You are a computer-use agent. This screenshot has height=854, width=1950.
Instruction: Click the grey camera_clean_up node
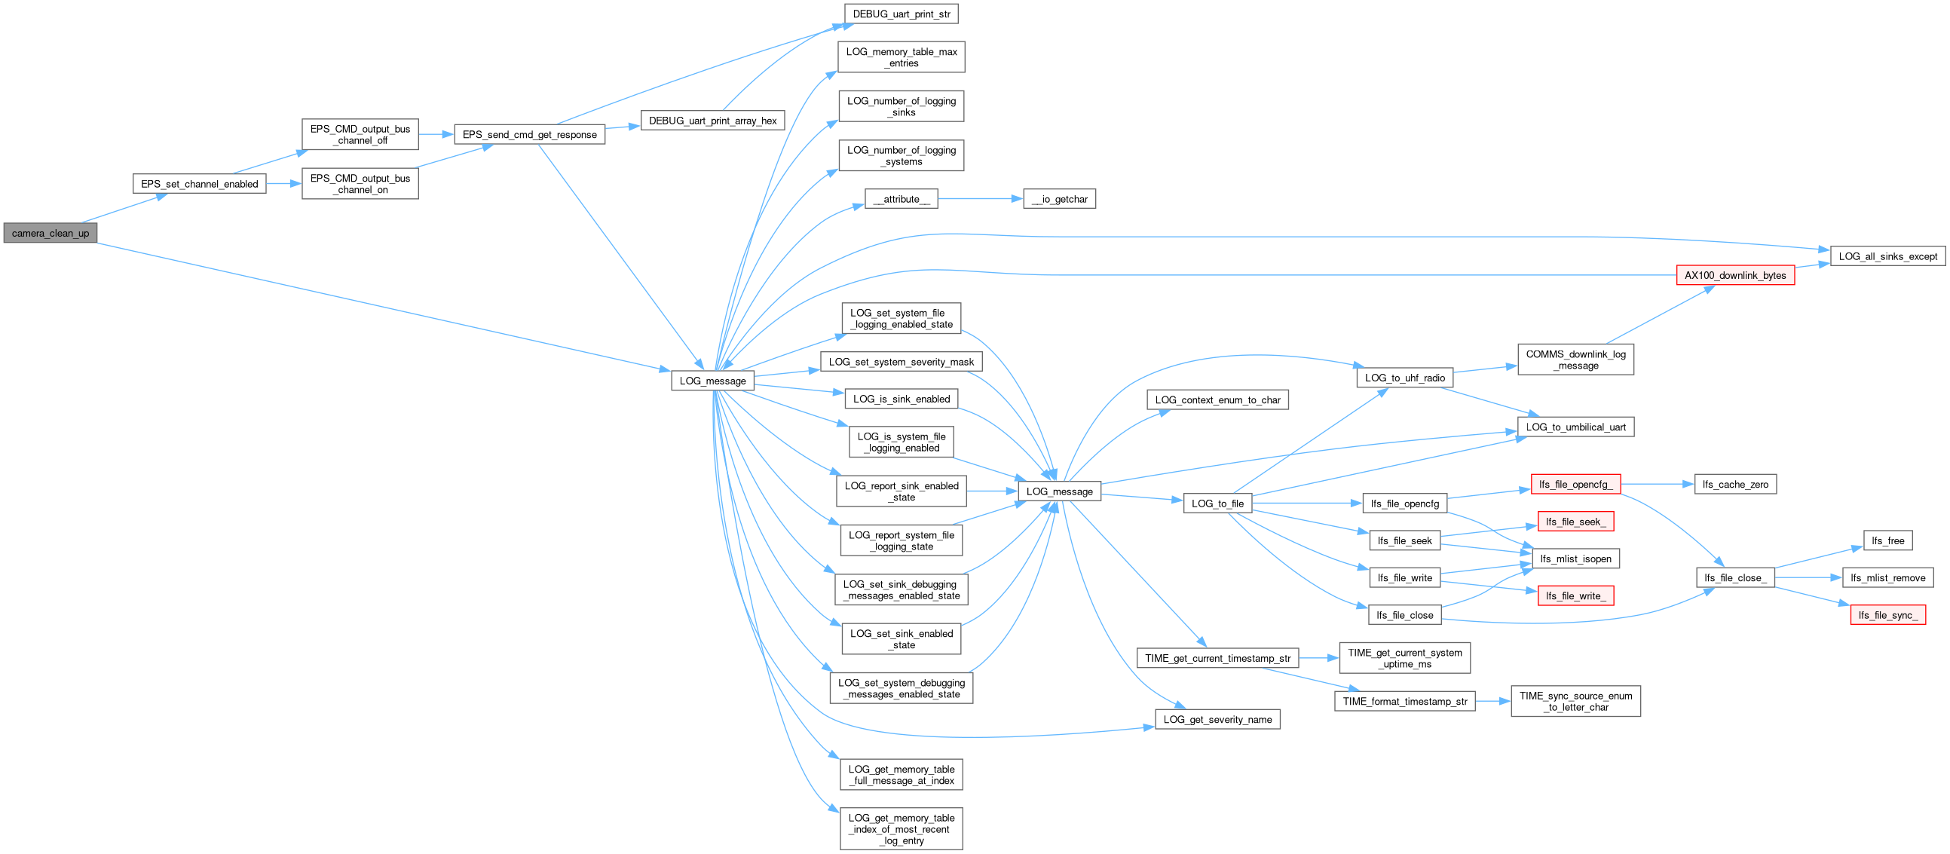coord(50,233)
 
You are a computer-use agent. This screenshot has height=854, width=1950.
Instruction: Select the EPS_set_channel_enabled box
coord(199,184)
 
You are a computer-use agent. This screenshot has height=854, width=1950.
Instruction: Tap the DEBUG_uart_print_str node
coord(901,14)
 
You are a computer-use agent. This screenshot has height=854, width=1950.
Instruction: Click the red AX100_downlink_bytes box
coord(1735,276)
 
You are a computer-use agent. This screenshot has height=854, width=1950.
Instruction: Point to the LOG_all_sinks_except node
coord(1888,256)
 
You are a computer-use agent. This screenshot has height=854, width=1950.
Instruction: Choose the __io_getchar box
coord(1059,199)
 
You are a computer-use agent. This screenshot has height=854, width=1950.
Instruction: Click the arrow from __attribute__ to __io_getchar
coord(981,199)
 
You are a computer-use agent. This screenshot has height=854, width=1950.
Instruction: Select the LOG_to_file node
coord(1217,504)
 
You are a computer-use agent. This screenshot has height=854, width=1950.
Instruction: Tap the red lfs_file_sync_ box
coord(1888,616)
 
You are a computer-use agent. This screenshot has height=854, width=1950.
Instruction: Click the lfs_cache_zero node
coord(1735,485)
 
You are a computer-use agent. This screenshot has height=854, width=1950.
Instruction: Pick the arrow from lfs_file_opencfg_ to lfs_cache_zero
coord(1657,485)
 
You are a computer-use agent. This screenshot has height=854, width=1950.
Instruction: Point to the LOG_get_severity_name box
coord(1217,719)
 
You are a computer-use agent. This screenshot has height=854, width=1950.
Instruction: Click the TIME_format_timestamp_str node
coord(1404,701)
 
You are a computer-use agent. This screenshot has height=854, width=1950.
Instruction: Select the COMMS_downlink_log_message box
coord(1575,360)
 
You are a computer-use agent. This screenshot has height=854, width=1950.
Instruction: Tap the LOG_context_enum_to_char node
coord(1217,399)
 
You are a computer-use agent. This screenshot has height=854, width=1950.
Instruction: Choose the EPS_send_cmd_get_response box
coord(529,135)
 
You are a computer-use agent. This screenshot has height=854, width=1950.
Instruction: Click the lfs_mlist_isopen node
coord(1575,559)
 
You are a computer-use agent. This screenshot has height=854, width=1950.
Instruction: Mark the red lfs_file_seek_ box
coord(1575,522)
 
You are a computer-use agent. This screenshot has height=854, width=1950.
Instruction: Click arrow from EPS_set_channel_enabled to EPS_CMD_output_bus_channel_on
coord(284,184)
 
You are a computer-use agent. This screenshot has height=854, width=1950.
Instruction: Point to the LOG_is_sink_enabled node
coord(901,399)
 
